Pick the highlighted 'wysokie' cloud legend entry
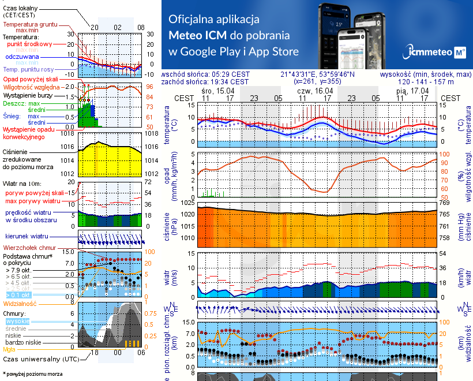(x=18, y=321)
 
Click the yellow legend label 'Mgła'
(x=9, y=349)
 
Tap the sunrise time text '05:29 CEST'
(x=230, y=74)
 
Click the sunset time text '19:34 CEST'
(x=230, y=82)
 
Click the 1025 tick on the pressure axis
(x=188, y=203)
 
